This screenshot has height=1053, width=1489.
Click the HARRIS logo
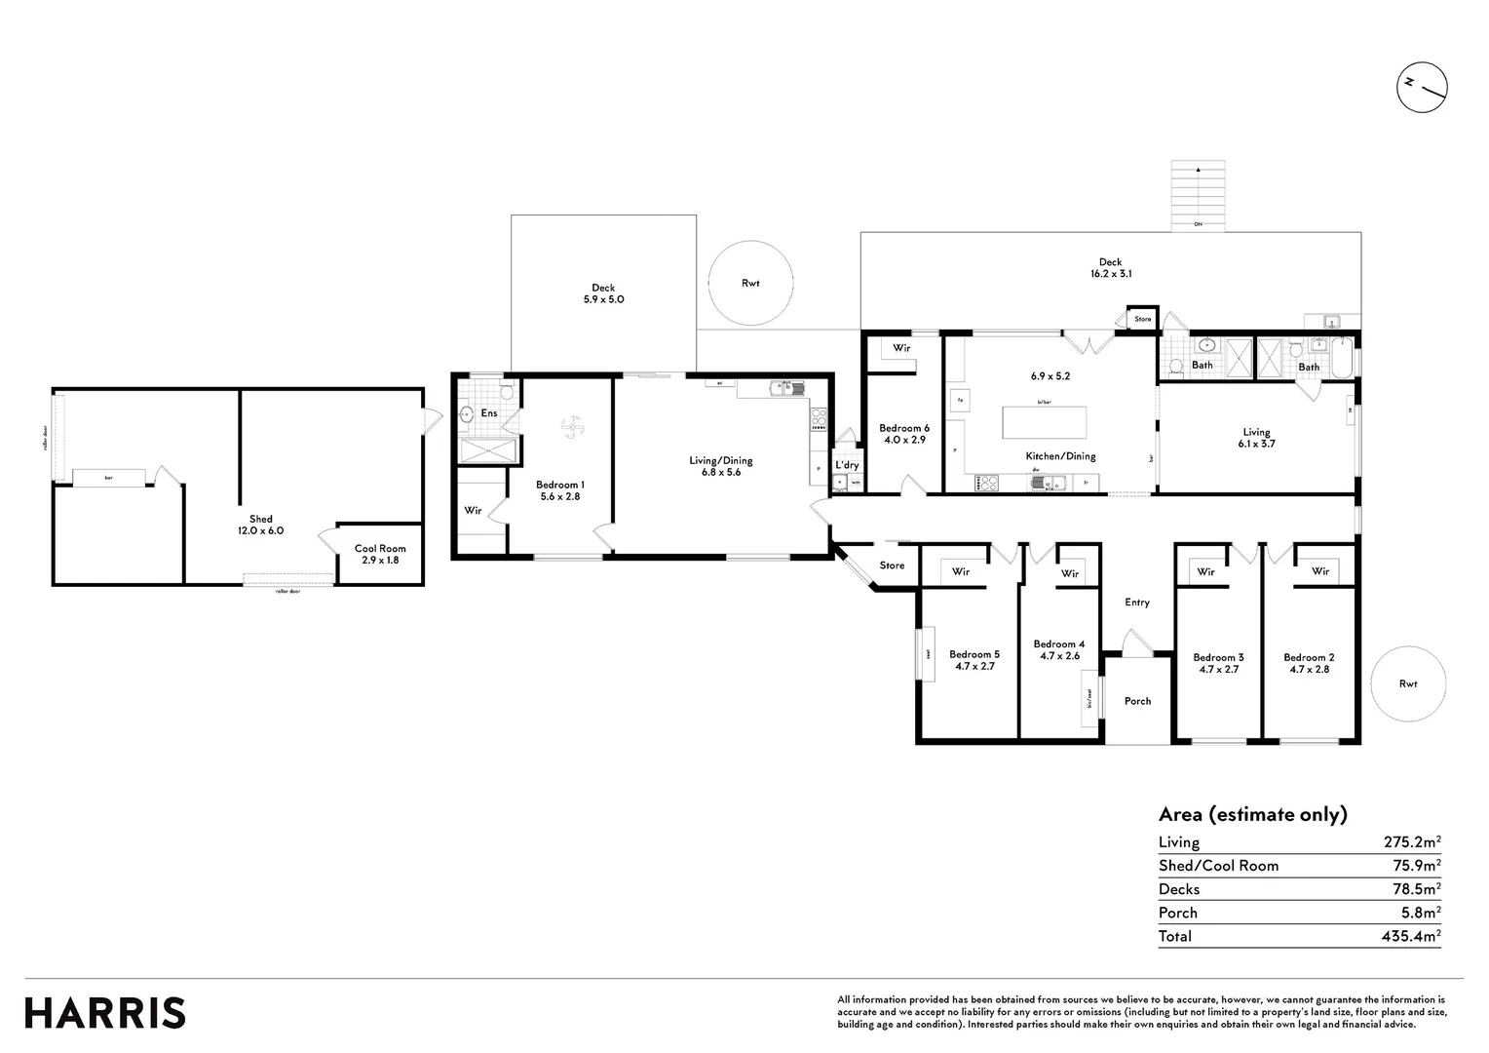105,1012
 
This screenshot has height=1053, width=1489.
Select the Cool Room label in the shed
380,549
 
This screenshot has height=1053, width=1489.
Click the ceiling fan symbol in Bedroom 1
572,426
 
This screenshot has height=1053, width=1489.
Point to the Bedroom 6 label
903,428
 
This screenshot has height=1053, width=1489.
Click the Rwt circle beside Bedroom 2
1407,683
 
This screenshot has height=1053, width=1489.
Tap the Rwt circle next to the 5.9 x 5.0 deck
749,283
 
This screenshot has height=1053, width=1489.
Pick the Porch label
1137,701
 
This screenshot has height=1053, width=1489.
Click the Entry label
1137,603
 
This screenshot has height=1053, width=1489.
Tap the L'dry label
847,466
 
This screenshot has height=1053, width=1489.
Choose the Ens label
489,413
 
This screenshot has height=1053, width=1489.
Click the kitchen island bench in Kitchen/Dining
1045,423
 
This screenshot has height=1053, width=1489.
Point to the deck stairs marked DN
1198,197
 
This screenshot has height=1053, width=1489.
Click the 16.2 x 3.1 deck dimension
1110,275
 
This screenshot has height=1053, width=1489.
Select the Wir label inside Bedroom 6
901,348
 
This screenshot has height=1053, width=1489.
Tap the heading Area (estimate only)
1252,814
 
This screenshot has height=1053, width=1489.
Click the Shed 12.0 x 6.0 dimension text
260,531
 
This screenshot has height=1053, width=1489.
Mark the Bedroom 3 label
1218,657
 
